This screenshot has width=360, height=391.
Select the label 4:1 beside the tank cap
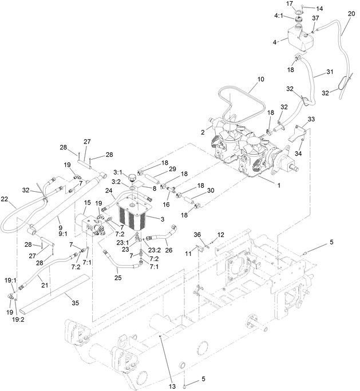pyautogui.click(x=278, y=24)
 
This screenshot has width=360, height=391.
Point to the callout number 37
pyautogui.click(x=315, y=18)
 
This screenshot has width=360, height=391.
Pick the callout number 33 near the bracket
pyautogui.click(x=311, y=119)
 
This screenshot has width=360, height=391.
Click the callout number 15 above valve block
pyautogui.click(x=88, y=203)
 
